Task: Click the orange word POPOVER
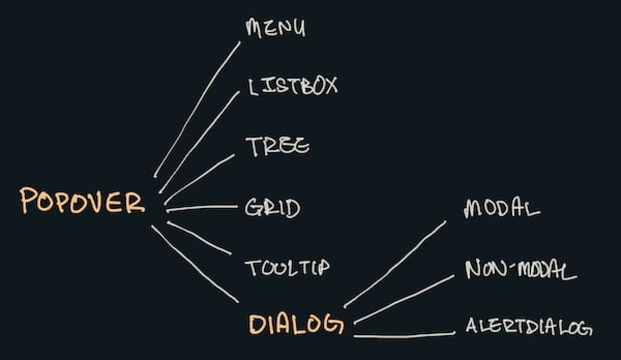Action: coord(82,201)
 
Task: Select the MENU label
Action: coord(275,28)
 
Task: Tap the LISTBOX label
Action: coord(293,86)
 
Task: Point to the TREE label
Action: coord(277,146)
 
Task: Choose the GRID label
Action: coord(272,208)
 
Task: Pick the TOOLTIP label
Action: coord(287,268)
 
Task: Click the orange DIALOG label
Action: coord(296,324)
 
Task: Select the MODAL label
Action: coord(502,209)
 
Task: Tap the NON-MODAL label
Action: coord(521,270)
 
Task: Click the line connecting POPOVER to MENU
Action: coord(196,110)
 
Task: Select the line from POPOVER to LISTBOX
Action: coord(199,142)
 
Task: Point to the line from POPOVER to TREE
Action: coord(199,179)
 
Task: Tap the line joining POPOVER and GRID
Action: coord(202,208)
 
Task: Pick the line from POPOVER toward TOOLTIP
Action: coord(199,238)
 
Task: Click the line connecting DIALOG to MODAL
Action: coord(395,264)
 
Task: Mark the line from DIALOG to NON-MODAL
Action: coord(404,299)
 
